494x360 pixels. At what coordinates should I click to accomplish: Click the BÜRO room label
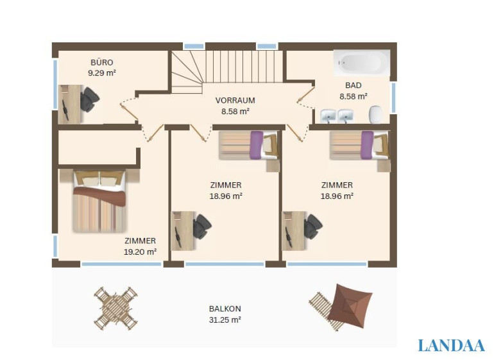[x=102, y=62]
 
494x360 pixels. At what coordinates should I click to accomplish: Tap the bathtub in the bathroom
[x=362, y=62]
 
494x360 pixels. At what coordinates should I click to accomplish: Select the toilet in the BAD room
[x=375, y=114]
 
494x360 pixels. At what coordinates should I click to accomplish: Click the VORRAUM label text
[x=235, y=101]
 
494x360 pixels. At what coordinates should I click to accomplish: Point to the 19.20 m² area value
[x=141, y=252]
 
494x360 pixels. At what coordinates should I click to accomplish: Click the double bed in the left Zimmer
[x=99, y=201]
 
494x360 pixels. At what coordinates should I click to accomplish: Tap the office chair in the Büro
[x=89, y=99]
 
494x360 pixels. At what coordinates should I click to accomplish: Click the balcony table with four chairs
[x=115, y=309]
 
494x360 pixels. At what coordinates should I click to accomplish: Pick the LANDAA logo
[x=451, y=345]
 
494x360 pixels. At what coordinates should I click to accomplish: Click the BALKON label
[x=225, y=309]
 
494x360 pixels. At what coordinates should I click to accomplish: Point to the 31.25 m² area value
[x=225, y=320]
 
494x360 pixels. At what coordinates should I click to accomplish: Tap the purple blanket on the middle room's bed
[x=257, y=145]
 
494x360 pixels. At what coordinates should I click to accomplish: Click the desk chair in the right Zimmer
[x=313, y=227]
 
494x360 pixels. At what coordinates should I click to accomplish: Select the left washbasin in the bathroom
[x=328, y=116]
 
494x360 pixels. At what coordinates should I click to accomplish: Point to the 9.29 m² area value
[x=102, y=73]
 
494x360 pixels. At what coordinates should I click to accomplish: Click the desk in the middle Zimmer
[x=182, y=231]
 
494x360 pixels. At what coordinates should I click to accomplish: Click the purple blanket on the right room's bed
[x=368, y=145]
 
